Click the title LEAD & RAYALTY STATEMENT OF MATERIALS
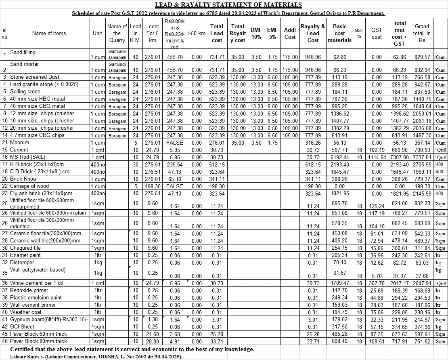[228, 5]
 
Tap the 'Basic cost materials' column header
[339, 33]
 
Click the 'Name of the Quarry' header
[117, 33]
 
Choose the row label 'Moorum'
[19, 143]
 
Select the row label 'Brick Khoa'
[23, 179]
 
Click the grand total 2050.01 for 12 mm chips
[422, 114]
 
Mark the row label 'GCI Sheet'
[22, 327]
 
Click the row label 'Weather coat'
[26, 312]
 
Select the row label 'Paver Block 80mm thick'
[38, 341]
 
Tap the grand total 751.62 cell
[422, 341]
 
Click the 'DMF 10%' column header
[256, 33]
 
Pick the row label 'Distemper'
[22, 263]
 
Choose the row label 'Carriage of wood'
[29, 186]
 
